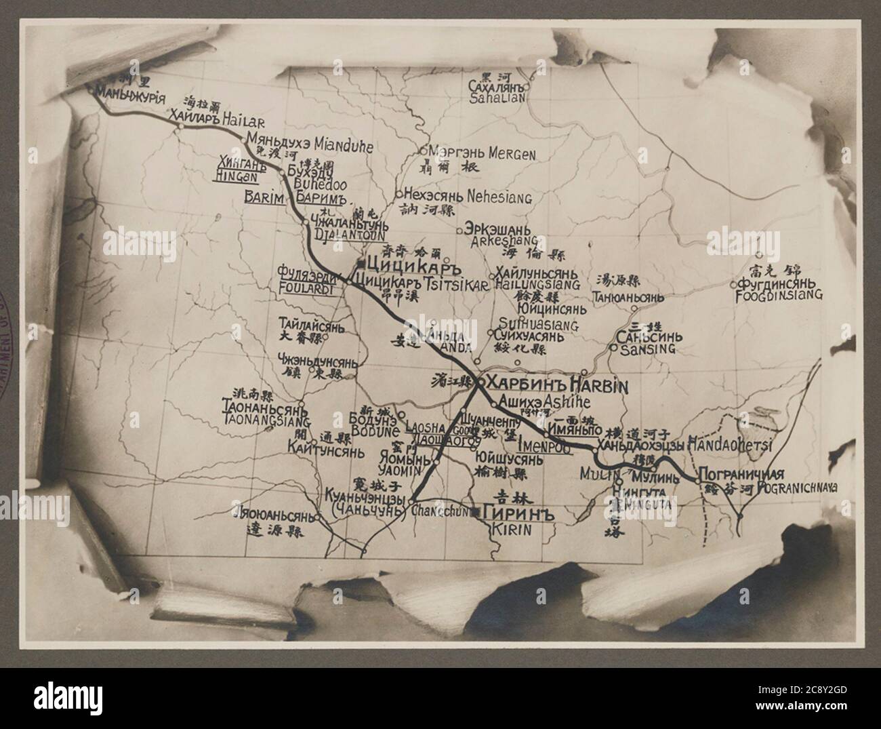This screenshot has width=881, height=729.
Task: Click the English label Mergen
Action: pyautogui.click(x=512, y=154)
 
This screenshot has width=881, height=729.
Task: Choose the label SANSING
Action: pyautogui.click(x=648, y=349)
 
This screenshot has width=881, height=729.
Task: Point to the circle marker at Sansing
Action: pyautogui.click(x=613, y=347)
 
